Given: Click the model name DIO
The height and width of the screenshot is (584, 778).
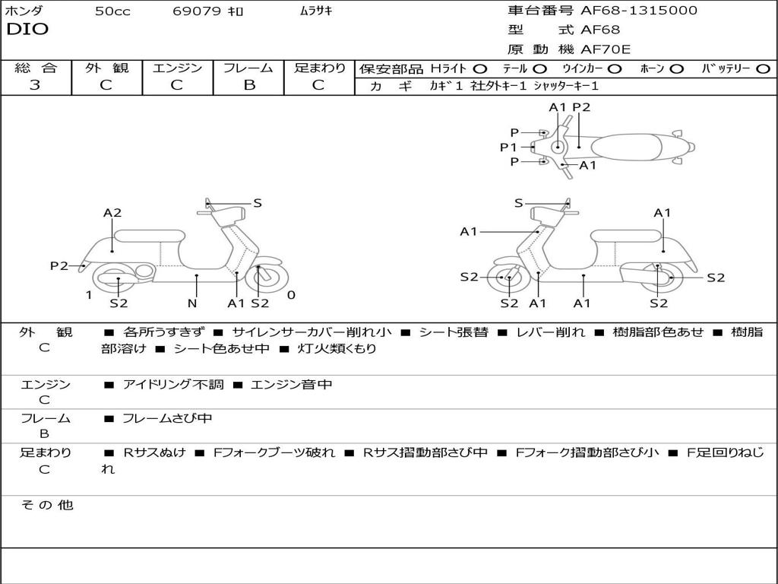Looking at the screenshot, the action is click(x=27, y=30).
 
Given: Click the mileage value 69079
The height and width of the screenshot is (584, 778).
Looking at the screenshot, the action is click(x=197, y=11).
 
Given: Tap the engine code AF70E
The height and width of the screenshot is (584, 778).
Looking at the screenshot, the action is click(x=606, y=50).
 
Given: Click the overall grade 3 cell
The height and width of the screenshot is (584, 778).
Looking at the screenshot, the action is click(x=35, y=85).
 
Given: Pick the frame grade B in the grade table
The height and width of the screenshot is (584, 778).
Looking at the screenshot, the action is click(x=248, y=85).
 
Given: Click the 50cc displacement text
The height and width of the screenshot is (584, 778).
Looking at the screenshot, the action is click(x=112, y=11).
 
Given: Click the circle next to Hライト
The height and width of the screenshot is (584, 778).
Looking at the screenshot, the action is click(x=480, y=69).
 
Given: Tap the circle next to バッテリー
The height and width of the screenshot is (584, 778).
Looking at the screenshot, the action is click(x=763, y=69).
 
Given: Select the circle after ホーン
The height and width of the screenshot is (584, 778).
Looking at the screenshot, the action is click(x=676, y=69).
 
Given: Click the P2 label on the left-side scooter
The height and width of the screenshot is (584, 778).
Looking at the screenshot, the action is click(x=59, y=265).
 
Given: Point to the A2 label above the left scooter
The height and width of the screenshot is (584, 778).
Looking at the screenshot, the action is click(x=112, y=213).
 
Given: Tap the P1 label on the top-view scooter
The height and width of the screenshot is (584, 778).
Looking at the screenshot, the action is click(x=508, y=148).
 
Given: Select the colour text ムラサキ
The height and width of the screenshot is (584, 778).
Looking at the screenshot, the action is click(x=312, y=11).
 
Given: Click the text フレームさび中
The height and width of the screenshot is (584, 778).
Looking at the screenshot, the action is click(x=167, y=418).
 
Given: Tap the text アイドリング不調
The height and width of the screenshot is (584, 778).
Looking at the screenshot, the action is click(x=173, y=385).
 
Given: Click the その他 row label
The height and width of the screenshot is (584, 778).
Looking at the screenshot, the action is click(x=46, y=505).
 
